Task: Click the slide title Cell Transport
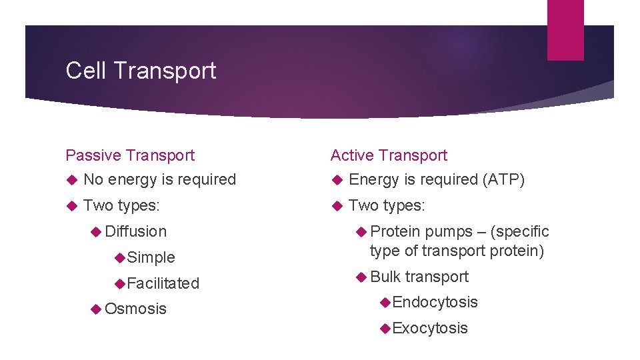(141, 71)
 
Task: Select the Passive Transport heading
(130, 155)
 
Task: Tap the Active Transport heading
(389, 155)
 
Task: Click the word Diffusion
(136, 231)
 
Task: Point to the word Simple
(151, 257)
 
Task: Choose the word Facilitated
(163, 283)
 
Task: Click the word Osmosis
(136, 309)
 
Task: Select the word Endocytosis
(435, 302)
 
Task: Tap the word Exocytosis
(431, 328)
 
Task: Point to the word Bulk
(385, 277)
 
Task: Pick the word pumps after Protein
(447, 231)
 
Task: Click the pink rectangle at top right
(565, 30)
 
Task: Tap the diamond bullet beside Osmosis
(97, 309)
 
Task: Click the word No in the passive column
(93, 179)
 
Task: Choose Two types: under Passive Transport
(121, 205)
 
